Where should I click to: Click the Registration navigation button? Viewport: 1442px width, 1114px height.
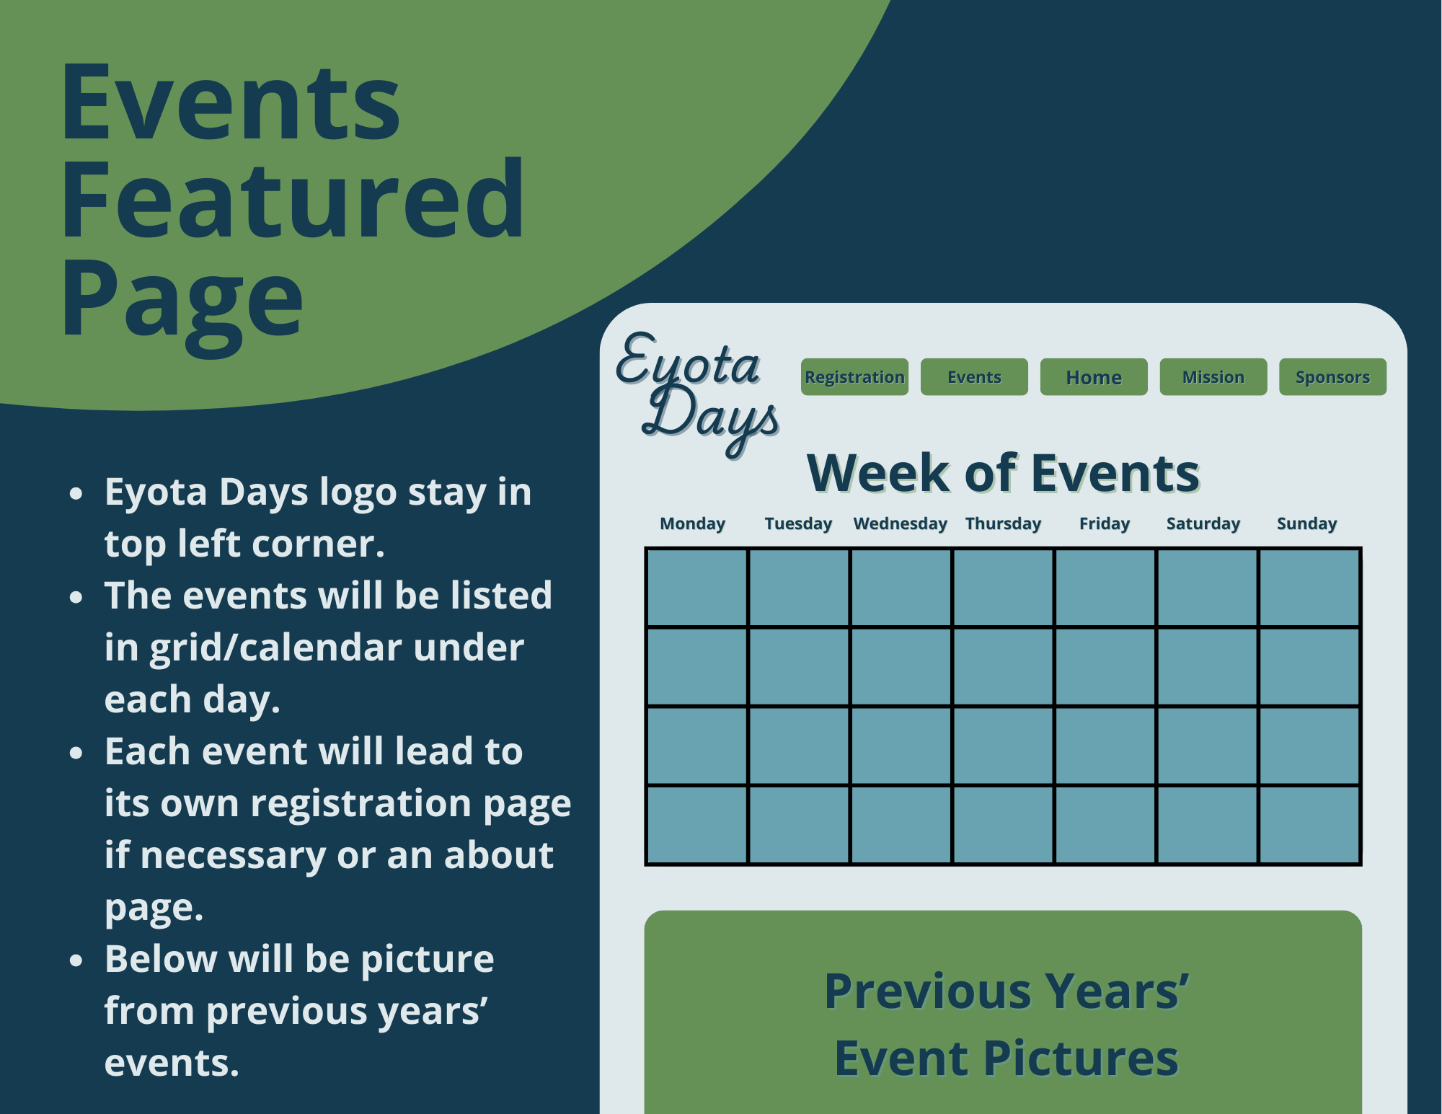coord(854,377)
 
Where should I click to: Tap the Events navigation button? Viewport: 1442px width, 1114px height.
coord(974,377)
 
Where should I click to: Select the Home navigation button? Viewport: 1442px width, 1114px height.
coord(1094,377)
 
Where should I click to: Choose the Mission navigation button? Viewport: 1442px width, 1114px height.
coord(1213,377)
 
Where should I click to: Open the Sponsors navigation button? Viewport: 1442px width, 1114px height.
coord(1332,377)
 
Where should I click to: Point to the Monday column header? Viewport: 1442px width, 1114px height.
coord(692,523)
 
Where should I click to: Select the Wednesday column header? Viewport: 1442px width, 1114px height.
coord(900,523)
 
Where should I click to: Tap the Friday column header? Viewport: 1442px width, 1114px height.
coord(1104,523)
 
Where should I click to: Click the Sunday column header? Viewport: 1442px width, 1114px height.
coord(1306,523)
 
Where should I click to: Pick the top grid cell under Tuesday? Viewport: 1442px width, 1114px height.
coord(799,588)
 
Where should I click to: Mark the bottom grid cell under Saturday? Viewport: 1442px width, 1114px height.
coord(1207,824)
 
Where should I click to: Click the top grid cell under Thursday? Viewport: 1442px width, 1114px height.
coord(1003,588)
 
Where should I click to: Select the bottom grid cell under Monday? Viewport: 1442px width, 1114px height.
coord(697,824)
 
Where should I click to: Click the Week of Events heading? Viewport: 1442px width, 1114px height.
coord(1003,474)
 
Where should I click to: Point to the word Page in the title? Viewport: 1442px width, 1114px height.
coord(182,301)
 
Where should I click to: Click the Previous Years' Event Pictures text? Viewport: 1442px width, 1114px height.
coord(1006,1025)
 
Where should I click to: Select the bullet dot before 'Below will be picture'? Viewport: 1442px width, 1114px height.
coord(76,960)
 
